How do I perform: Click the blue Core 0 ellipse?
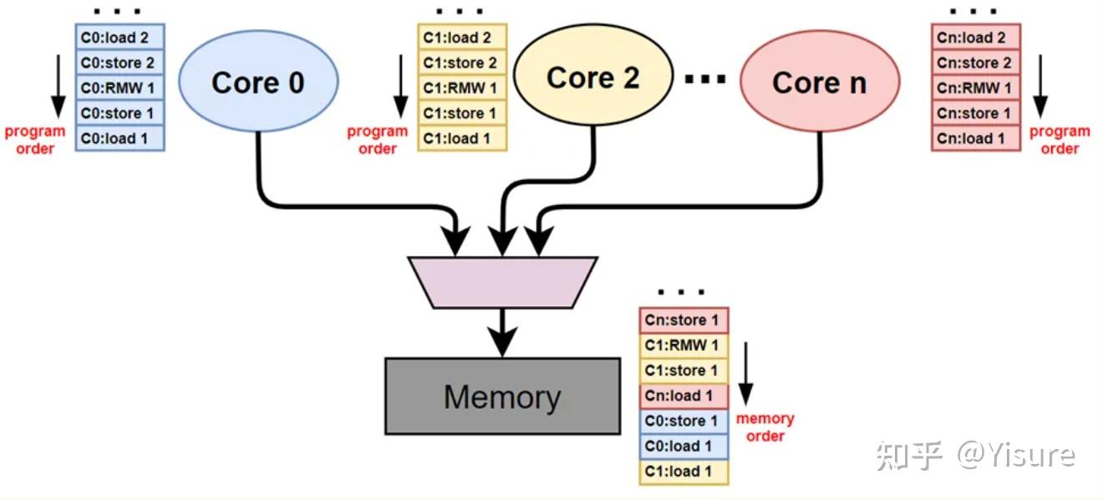(258, 82)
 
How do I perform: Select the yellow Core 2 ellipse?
(592, 78)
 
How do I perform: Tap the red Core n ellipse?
(819, 82)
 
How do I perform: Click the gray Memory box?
(502, 396)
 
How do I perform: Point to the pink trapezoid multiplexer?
(502, 282)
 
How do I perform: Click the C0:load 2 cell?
(120, 38)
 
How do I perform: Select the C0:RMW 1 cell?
(120, 88)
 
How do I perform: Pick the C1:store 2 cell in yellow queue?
(462, 63)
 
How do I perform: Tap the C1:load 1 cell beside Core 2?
(462, 138)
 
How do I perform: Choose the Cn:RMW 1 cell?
(975, 88)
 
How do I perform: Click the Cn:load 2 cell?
(975, 38)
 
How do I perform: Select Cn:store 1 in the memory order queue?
(684, 320)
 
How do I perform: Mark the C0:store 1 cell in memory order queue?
(684, 421)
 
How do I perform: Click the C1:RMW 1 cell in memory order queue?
(684, 345)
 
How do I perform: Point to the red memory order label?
(765, 427)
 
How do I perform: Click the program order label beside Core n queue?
(1059, 140)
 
